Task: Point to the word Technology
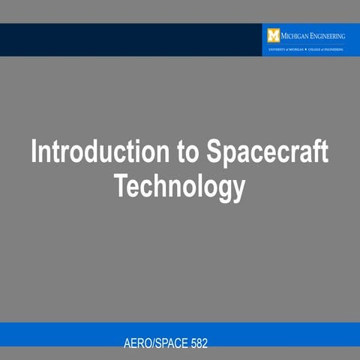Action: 180,186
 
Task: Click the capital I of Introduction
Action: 34,152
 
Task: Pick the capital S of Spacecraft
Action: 214,152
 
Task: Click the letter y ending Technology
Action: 238,189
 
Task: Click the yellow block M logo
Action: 273,34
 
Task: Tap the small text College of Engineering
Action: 324,49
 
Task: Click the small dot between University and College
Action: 303,49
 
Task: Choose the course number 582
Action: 197,343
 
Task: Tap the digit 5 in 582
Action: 191,343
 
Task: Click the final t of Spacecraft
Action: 325,152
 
